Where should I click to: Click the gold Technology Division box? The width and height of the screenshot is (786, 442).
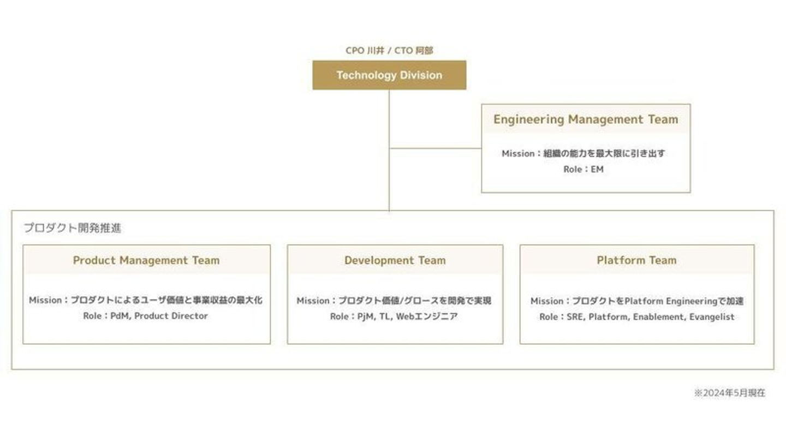389,75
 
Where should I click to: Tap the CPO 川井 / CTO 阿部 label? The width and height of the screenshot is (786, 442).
389,50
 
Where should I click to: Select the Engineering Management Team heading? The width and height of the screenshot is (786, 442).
586,120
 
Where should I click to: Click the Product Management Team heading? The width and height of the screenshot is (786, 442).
146,260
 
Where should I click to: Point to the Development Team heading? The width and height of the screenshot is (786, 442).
395,260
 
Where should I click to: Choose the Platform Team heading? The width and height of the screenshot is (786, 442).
636,260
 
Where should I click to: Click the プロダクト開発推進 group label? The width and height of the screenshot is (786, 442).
72,228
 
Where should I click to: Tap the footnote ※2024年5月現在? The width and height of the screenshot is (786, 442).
729,393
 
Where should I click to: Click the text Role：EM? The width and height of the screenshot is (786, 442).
583,169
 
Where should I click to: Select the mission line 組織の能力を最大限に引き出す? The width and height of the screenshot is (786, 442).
583,153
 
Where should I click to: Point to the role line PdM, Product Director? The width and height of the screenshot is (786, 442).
146,316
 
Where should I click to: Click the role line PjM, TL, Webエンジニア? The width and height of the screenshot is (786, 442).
394,316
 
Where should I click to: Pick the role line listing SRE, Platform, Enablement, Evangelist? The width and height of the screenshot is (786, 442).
636,317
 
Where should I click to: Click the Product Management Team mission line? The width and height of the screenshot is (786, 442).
146,300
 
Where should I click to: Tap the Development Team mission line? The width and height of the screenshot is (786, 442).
394,301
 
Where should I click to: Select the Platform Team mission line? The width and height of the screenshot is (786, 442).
636,301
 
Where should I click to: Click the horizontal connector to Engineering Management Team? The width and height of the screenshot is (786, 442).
435,148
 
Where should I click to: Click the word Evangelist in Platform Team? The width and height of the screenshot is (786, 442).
711,317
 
